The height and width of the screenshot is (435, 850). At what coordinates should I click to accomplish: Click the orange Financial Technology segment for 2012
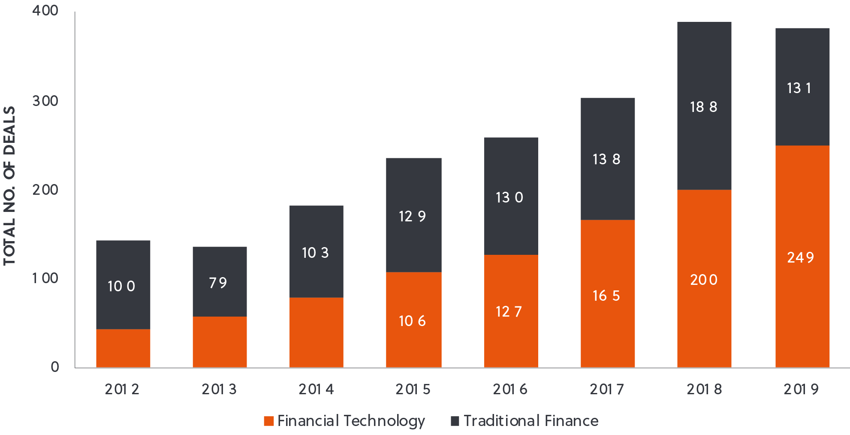pyautogui.click(x=123, y=348)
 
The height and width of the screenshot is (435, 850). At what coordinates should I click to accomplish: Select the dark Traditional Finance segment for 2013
pyautogui.click(x=220, y=300)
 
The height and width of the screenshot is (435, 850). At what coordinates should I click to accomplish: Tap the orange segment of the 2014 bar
pyautogui.click(x=316, y=332)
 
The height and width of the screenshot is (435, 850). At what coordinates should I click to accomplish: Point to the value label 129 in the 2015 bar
pyautogui.click(x=412, y=216)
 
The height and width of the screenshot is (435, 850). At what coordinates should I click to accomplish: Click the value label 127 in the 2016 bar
pyautogui.click(x=509, y=311)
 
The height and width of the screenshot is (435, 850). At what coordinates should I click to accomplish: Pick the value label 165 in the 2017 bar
pyautogui.click(x=606, y=296)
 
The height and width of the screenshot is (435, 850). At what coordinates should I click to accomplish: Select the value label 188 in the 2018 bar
pyautogui.click(x=703, y=107)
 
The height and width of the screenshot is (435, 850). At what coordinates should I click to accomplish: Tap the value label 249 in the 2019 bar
pyautogui.click(x=800, y=257)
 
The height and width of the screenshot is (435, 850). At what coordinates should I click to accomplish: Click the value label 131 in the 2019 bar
pyautogui.click(x=799, y=88)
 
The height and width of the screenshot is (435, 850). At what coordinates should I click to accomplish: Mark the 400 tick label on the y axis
pyautogui.click(x=45, y=10)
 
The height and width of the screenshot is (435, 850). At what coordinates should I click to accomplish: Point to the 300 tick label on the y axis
pyautogui.click(x=45, y=101)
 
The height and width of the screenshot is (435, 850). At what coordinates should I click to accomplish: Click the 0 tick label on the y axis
pyautogui.click(x=55, y=367)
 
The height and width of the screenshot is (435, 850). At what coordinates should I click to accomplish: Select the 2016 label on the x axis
pyautogui.click(x=510, y=389)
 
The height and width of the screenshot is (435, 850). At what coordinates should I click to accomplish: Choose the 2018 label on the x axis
pyautogui.click(x=704, y=389)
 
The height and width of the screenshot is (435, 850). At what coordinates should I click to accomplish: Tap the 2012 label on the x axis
pyautogui.click(x=122, y=389)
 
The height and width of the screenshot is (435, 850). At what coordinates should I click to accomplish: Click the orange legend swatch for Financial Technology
pyautogui.click(x=269, y=421)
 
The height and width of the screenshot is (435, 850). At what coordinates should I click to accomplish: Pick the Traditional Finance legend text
pyautogui.click(x=531, y=421)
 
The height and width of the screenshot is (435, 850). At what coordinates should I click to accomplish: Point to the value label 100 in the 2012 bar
pyautogui.click(x=121, y=286)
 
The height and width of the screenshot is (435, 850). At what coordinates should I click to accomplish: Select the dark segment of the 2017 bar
pyautogui.click(x=607, y=129)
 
